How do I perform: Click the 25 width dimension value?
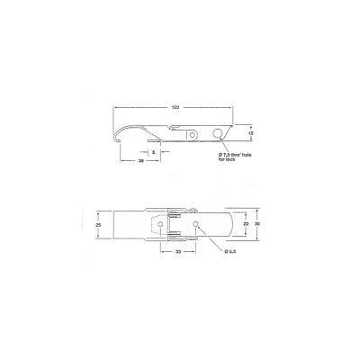click(98, 224)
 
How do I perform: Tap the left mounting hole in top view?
click(173, 223)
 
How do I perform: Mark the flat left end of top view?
click(112, 224)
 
